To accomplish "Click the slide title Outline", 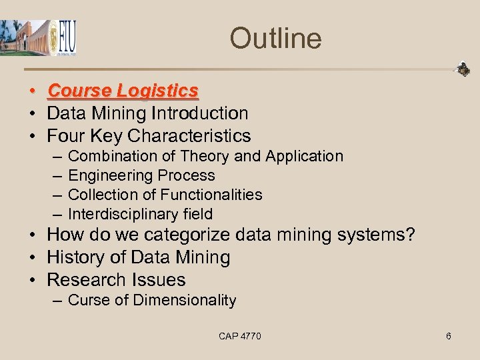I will [x=275, y=38].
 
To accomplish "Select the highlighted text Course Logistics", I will [x=123, y=91].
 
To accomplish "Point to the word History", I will [x=74, y=257].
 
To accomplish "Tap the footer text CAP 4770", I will [x=240, y=336].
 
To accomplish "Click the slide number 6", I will [x=449, y=336].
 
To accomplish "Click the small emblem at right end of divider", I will [x=463, y=69].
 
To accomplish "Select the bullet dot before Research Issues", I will [x=32, y=280].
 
